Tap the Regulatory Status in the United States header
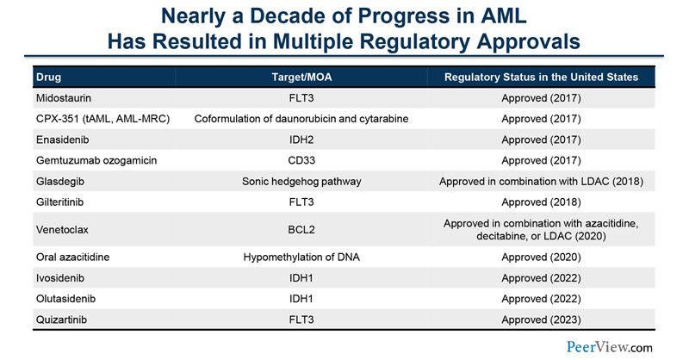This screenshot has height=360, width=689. point(541,78)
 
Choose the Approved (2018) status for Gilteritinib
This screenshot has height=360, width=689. point(541,202)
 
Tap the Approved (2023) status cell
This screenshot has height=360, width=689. point(541,319)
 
